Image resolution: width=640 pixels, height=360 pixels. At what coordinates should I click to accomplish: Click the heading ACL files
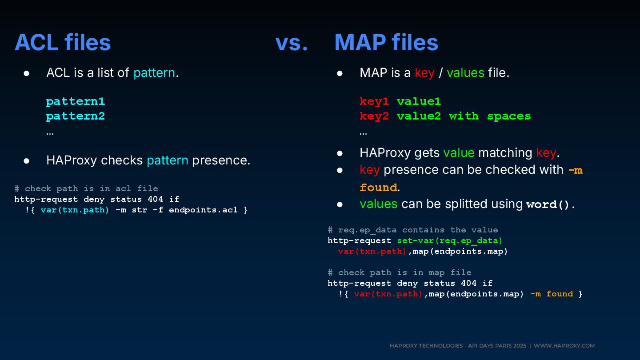click(x=63, y=43)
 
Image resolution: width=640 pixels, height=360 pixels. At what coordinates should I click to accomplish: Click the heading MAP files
click(x=386, y=43)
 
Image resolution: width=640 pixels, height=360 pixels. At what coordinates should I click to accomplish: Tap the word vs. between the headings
click(x=292, y=43)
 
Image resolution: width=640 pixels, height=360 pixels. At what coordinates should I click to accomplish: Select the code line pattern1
click(x=76, y=101)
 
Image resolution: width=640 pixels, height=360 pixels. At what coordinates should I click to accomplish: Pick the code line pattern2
click(x=76, y=116)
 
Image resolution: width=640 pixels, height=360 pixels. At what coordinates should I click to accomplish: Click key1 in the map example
click(x=374, y=101)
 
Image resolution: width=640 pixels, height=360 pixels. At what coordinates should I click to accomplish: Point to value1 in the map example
click(x=419, y=101)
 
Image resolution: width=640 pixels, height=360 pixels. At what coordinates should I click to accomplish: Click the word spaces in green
click(x=509, y=116)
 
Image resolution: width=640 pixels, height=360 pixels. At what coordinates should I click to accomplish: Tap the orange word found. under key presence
click(x=379, y=188)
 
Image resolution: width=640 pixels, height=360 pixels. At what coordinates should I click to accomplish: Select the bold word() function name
click(x=548, y=204)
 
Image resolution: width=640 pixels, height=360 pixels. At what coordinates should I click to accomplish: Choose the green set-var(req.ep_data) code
click(x=449, y=240)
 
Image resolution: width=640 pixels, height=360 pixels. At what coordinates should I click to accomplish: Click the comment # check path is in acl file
click(x=86, y=188)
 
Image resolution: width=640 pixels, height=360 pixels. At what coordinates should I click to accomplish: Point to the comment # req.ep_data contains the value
click(x=412, y=230)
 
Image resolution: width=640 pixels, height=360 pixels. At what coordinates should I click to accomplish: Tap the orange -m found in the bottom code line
click(x=551, y=294)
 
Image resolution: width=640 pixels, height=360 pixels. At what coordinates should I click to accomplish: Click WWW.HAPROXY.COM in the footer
click(x=564, y=346)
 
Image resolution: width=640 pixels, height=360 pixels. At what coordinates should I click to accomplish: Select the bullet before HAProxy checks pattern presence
click(x=27, y=160)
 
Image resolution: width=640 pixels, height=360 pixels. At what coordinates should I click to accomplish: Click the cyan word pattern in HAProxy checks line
click(x=168, y=160)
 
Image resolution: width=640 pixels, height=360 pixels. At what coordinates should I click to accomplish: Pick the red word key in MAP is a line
click(x=424, y=73)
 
